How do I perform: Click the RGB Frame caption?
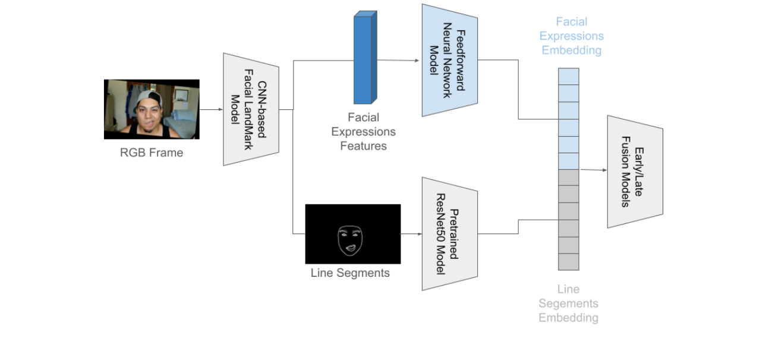152,153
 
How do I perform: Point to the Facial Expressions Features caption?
363,131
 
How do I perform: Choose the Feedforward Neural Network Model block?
449,60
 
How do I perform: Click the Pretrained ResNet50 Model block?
449,233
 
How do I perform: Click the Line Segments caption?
350,273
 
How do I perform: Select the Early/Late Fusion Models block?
634,171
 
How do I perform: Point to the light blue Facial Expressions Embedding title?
571,36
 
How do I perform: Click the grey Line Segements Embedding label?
568,304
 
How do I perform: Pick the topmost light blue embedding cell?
568,77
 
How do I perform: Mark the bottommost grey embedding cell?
568,261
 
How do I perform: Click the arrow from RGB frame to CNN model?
211,109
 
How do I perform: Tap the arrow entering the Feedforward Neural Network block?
398,61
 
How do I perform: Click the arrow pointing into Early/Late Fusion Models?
592,170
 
